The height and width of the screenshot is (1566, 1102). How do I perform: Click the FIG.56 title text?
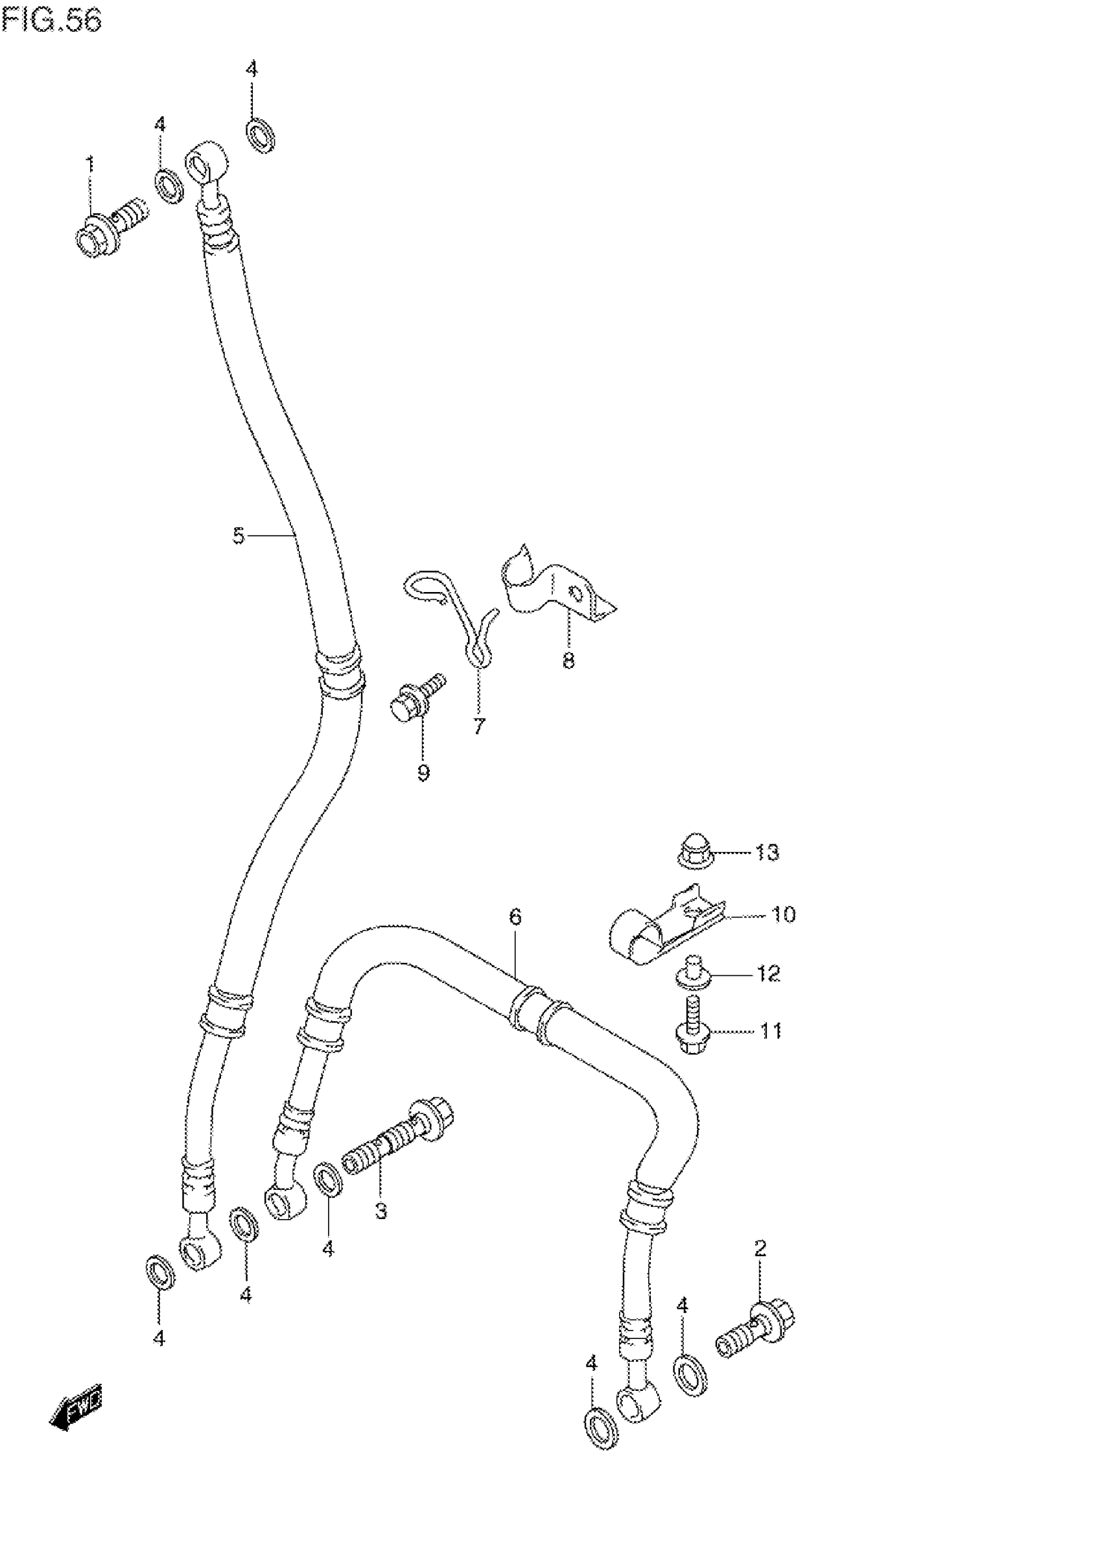[x=52, y=21]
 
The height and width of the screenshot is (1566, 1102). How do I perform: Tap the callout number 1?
[x=89, y=163]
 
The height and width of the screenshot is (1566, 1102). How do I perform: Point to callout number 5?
[x=238, y=536]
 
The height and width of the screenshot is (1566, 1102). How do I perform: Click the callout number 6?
[x=515, y=917]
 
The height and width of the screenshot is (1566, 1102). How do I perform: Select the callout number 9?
[x=423, y=773]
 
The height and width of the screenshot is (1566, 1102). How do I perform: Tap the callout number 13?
[x=767, y=853]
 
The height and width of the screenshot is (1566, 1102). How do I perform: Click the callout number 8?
[x=569, y=660]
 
